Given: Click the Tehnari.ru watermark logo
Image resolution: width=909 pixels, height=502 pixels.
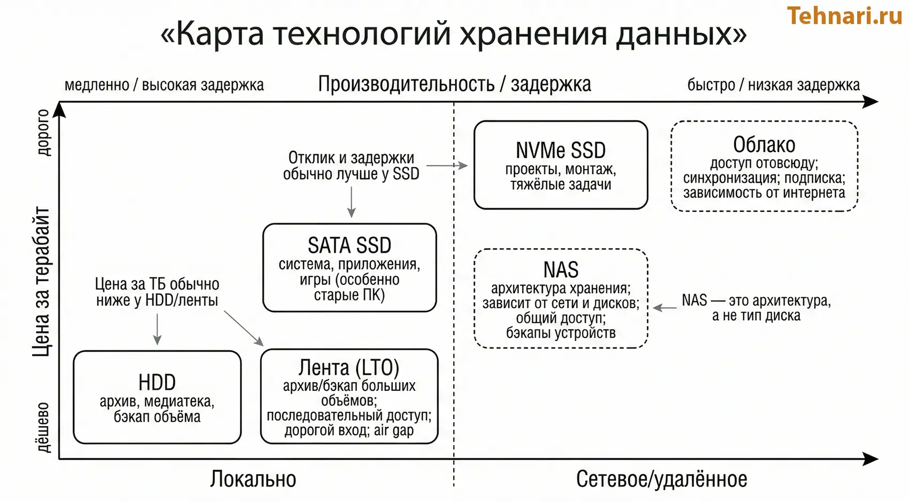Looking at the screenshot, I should click(x=844, y=16).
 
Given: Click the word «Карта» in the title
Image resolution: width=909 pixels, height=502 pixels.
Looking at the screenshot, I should click(x=220, y=34).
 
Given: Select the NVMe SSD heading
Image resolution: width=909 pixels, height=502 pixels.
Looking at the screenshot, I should click(x=561, y=150).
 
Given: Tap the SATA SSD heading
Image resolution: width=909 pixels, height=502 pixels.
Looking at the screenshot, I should click(x=349, y=245).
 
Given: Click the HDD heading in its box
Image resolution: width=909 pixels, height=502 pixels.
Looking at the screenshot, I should click(x=157, y=382).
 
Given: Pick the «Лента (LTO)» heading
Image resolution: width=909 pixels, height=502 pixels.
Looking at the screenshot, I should click(x=349, y=368).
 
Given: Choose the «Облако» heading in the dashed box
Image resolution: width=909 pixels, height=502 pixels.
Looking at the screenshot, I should click(x=764, y=145).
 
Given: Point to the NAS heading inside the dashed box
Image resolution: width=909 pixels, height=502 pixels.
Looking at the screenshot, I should click(x=561, y=269).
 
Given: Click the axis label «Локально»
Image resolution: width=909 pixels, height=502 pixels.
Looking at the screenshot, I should click(x=253, y=479).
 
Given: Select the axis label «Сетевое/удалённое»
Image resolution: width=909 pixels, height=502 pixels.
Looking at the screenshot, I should click(x=662, y=479).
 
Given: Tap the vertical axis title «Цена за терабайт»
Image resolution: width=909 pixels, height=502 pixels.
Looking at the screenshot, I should click(x=42, y=282).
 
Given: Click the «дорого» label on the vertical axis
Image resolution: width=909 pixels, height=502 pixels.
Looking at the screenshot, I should click(x=43, y=132).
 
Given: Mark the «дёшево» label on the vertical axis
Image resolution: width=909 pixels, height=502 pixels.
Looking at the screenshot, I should click(x=43, y=427).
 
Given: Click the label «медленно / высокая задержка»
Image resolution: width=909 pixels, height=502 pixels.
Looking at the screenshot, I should click(x=164, y=85).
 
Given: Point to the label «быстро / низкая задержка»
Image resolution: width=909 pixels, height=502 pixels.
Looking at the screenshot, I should click(x=773, y=85).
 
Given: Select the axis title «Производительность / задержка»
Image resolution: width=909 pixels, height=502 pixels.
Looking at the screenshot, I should click(x=454, y=84).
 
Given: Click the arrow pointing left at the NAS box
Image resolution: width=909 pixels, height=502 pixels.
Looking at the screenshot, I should click(x=665, y=307).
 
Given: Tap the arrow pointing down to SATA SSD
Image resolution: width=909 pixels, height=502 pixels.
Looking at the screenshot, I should click(x=351, y=204).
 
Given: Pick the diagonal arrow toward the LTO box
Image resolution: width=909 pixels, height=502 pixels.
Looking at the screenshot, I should click(x=244, y=328).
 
